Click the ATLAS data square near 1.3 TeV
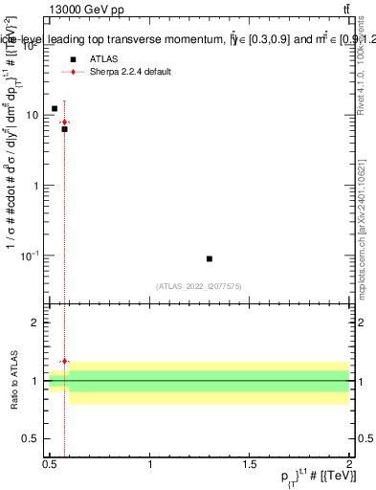[x=210, y=258]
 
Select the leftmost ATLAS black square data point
[x=55, y=108]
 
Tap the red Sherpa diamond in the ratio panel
[x=64, y=361]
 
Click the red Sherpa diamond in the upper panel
[x=64, y=122]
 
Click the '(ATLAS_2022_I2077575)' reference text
[x=198, y=285]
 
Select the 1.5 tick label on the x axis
[x=250, y=463]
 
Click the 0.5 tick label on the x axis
[x=50, y=463]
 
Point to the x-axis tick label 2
[x=349, y=463]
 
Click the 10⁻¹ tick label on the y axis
[x=30, y=256]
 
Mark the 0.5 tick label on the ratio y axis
[x=31, y=438]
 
